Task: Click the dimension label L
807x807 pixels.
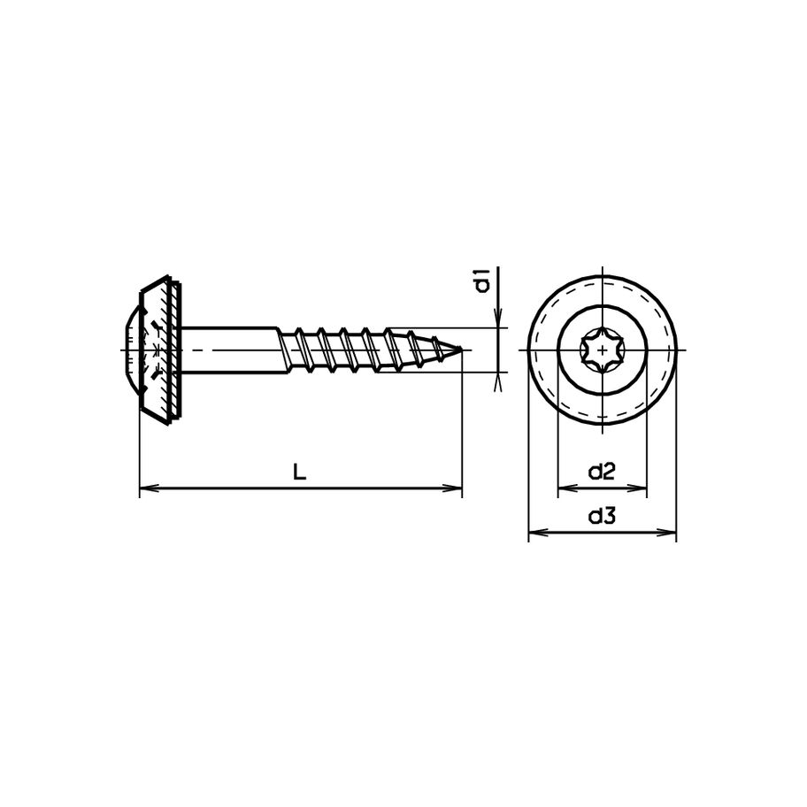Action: point(300,473)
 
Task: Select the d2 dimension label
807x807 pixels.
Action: point(602,472)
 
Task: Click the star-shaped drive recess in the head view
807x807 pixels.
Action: point(602,350)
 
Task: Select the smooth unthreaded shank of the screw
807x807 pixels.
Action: point(230,350)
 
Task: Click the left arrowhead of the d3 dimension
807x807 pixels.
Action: point(534,533)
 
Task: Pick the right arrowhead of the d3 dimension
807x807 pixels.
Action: point(670,533)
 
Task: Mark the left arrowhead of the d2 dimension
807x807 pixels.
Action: point(564,487)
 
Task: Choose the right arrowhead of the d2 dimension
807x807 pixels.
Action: point(641,487)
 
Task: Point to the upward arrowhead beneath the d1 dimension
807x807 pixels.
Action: point(499,380)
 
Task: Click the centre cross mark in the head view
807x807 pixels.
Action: point(602,350)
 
